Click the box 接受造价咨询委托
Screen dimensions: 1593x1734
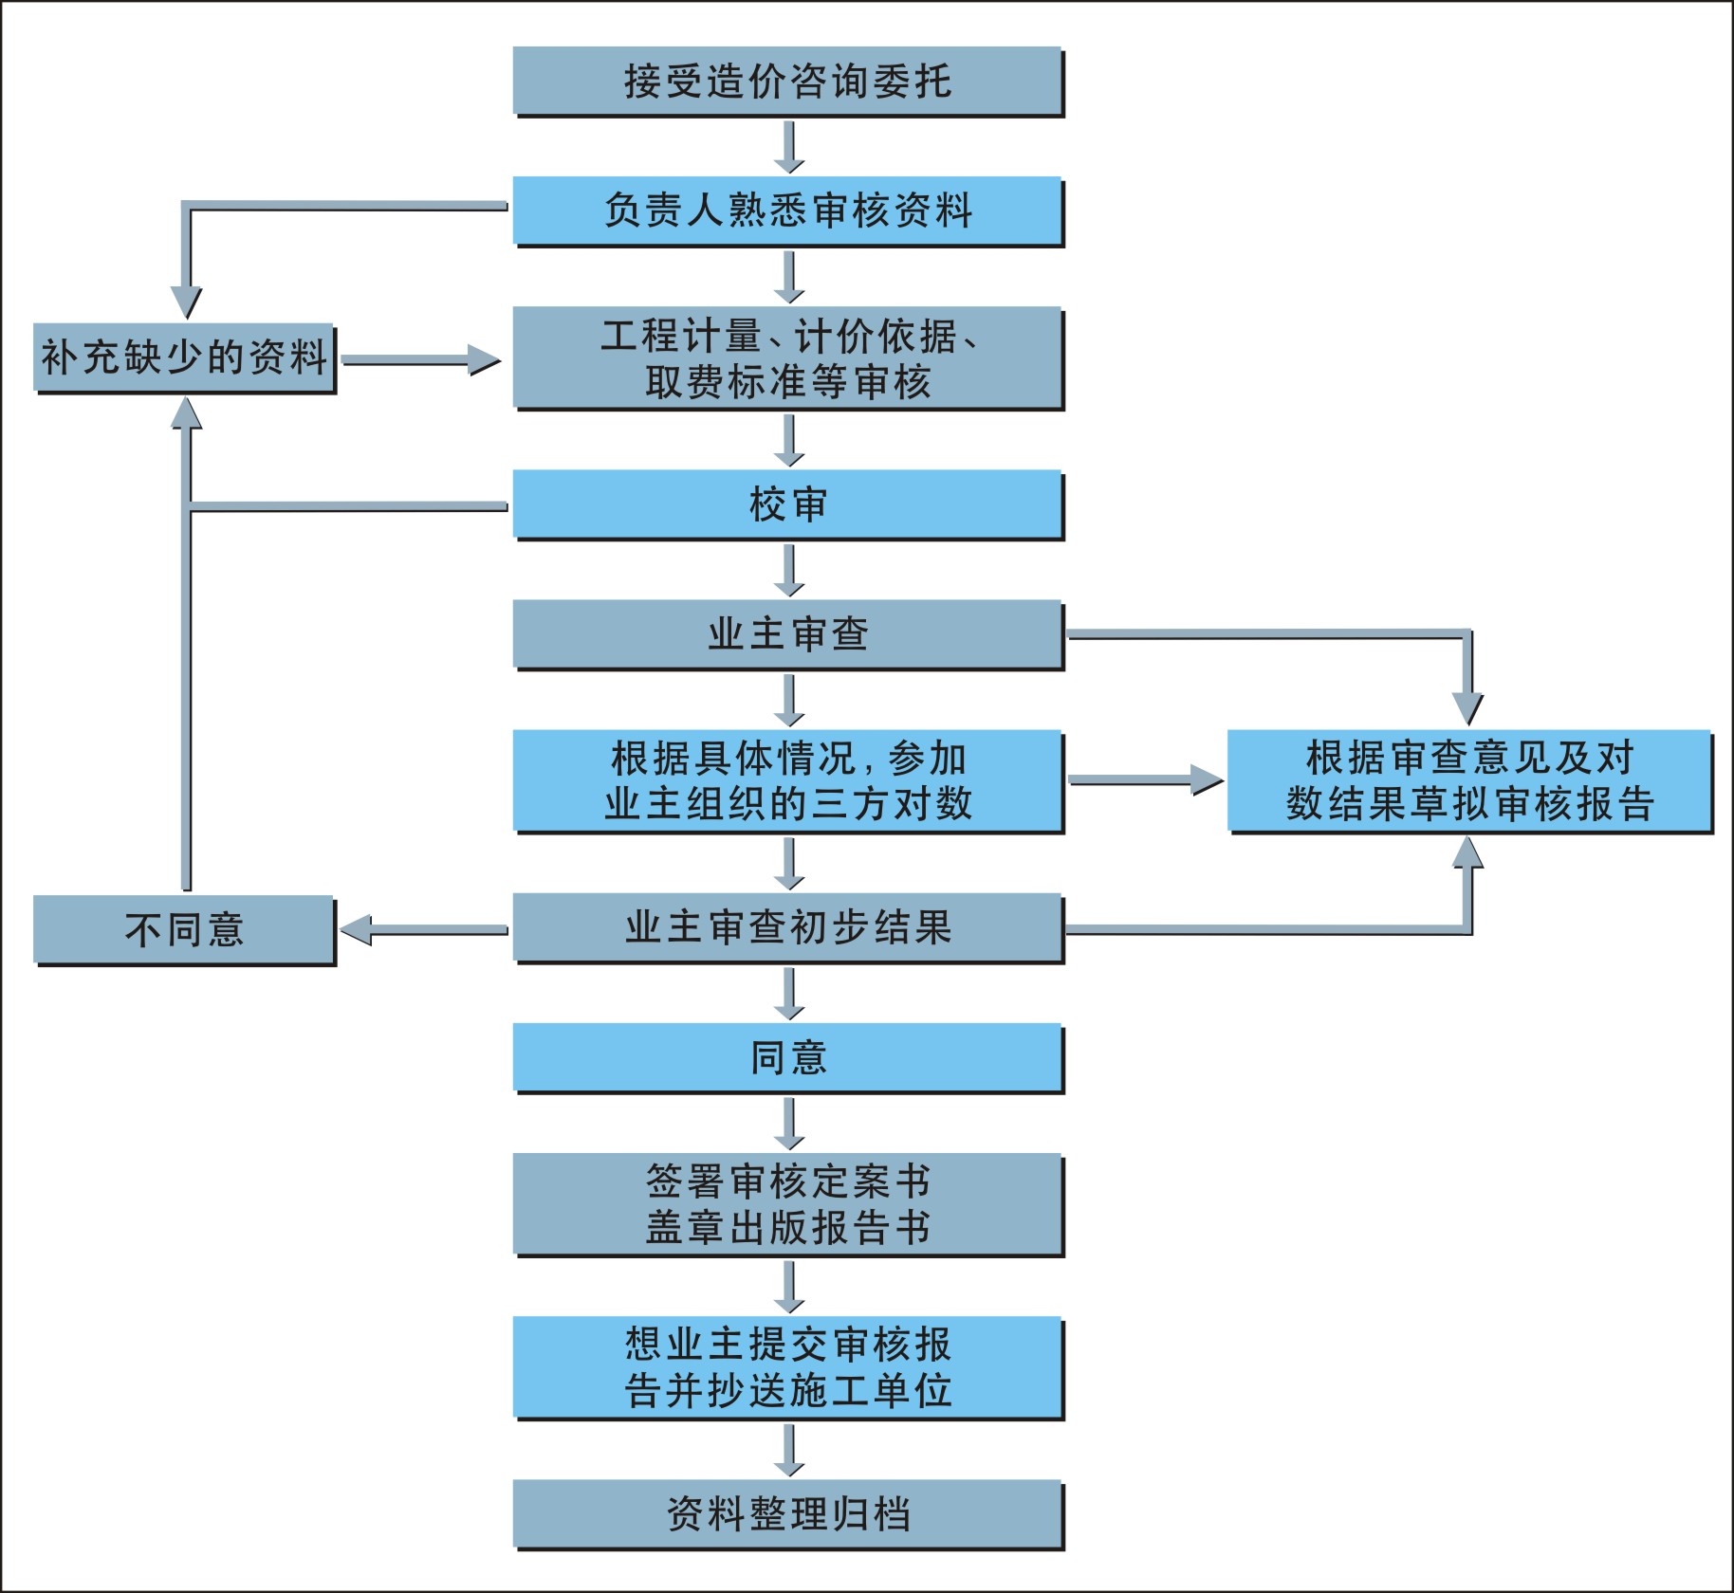point(787,81)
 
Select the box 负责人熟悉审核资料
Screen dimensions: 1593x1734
point(787,211)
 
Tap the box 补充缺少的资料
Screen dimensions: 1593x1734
point(184,357)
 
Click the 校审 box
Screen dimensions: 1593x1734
point(787,504)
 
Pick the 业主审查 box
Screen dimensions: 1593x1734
point(787,633)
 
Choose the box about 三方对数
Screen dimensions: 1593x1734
point(787,780)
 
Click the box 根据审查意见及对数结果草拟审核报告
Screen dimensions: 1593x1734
point(1469,780)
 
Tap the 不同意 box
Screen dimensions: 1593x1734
point(184,929)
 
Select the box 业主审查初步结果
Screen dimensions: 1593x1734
point(787,927)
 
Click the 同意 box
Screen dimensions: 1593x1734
point(787,1057)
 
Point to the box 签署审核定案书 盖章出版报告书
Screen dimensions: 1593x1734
point(787,1204)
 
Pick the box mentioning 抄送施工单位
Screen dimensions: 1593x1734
point(787,1367)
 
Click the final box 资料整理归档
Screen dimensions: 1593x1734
point(787,1514)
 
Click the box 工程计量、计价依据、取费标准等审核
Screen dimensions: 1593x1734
point(787,357)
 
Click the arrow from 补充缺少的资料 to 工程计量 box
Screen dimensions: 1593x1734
point(420,360)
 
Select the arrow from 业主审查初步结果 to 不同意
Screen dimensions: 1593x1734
point(424,930)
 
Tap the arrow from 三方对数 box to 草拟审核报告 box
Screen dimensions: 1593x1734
point(1145,780)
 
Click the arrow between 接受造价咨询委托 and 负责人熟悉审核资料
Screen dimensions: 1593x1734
point(788,147)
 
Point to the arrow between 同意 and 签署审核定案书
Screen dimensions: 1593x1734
point(788,1123)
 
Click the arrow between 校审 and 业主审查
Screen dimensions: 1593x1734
point(788,570)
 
